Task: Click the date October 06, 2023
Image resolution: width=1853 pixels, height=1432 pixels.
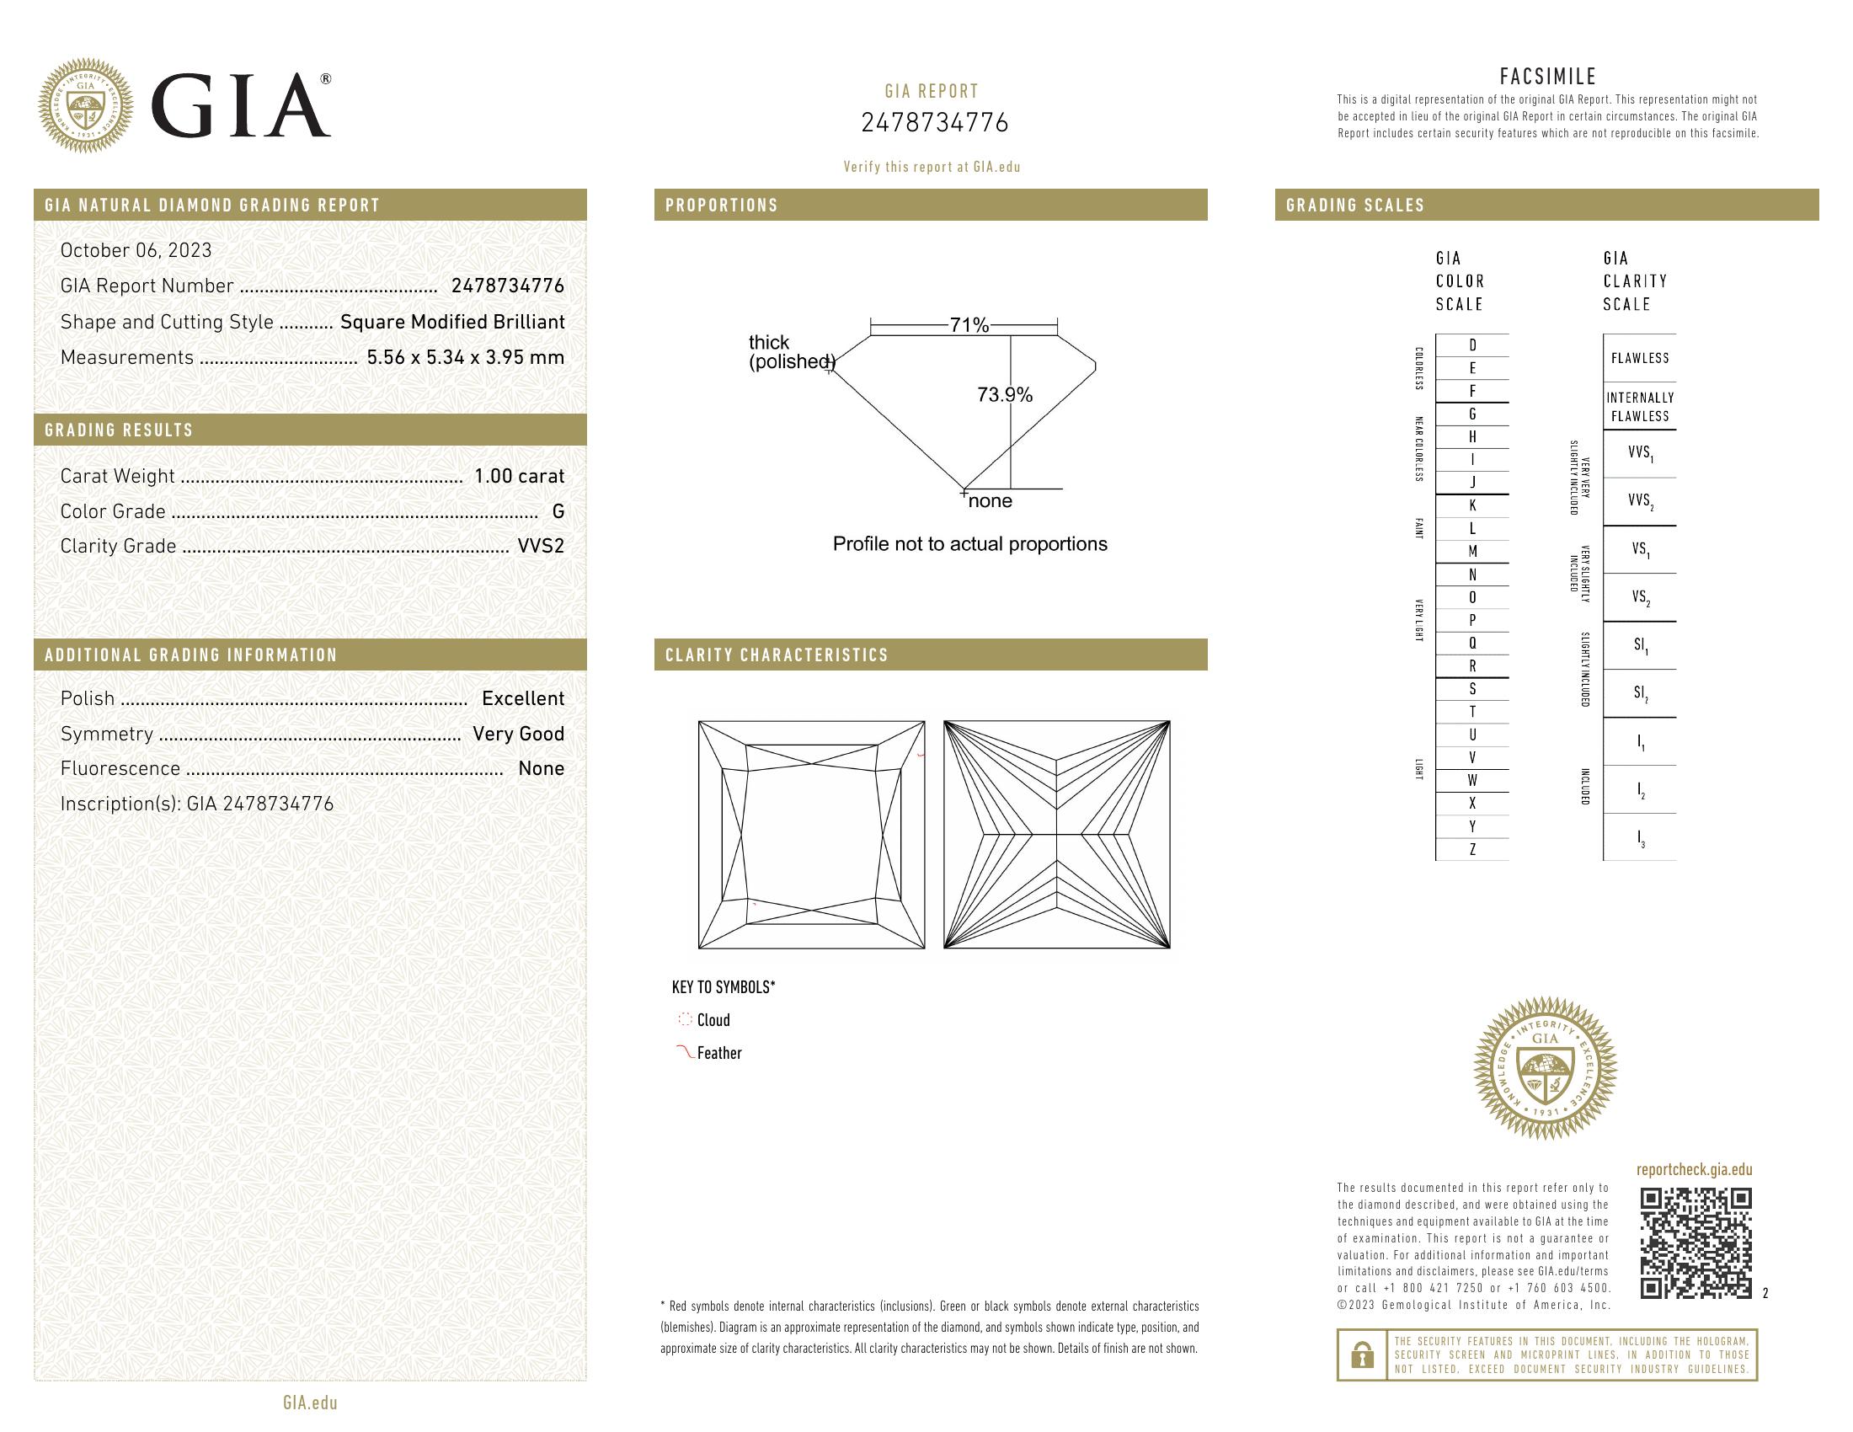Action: [136, 250]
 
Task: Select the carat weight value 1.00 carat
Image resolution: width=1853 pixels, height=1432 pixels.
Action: [518, 476]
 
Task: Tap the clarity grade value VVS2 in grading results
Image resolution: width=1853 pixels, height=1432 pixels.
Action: [541, 547]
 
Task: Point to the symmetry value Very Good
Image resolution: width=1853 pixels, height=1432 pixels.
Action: [517, 734]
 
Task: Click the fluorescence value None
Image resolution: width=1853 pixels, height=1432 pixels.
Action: [541, 768]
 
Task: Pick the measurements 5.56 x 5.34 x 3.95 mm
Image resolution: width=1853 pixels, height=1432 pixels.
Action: [465, 357]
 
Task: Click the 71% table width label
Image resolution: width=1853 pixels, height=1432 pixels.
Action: [969, 325]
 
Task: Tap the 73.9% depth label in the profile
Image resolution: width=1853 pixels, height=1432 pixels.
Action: [1005, 394]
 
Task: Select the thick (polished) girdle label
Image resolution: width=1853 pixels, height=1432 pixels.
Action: [790, 352]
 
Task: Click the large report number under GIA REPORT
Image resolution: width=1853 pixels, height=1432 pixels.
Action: [934, 124]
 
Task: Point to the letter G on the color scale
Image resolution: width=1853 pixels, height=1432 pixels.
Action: [1472, 414]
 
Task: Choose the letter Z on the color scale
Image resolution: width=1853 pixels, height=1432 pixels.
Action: [1472, 849]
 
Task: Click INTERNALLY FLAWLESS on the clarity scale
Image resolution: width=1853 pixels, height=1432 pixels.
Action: [1639, 407]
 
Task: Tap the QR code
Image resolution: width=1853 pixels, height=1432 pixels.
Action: [1695, 1243]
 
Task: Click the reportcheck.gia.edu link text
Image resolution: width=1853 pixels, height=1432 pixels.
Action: [1694, 1170]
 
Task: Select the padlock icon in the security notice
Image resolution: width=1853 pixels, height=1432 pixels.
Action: [1363, 1355]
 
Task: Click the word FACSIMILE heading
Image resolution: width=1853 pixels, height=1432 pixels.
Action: [1547, 77]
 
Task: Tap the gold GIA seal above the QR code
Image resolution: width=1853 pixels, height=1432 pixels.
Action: [1544, 1067]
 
